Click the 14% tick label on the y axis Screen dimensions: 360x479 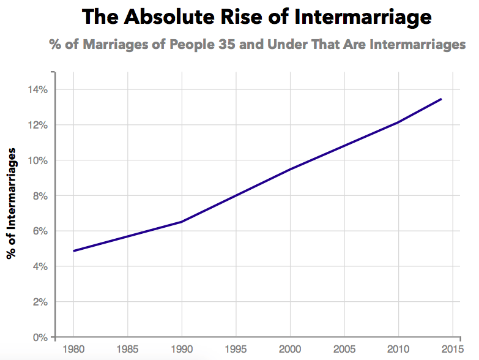[36, 89]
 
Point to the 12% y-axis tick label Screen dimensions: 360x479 [36, 125]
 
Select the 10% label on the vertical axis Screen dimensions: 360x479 [36, 160]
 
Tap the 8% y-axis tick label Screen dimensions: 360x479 [39, 196]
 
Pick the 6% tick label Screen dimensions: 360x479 [39, 231]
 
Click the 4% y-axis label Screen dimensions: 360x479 [39, 266]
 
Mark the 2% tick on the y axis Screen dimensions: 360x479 [39, 302]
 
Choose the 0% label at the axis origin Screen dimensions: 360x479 [39, 337]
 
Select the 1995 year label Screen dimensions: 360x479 [236, 350]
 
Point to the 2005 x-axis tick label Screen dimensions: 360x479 [344, 350]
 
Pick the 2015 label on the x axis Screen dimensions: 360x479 [452, 350]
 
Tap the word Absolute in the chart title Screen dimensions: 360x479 [160, 17]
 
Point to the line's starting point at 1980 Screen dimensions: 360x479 [73, 251]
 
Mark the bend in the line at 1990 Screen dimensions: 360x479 [182, 222]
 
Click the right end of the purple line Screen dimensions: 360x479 [441, 99]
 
